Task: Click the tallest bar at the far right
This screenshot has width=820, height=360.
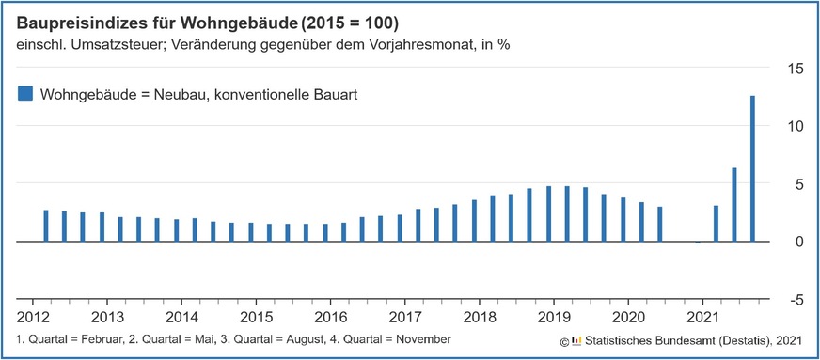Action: coord(752,169)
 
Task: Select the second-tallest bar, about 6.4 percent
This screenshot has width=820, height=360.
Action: coord(733,205)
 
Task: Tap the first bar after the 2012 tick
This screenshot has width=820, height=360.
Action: coord(46,226)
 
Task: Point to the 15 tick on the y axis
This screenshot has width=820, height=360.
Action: coord(795,69)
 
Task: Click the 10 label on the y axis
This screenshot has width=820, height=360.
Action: coord(795,126)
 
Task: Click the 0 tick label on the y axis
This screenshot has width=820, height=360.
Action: coord(798,242)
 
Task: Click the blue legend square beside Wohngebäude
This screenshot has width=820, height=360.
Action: coord(25,93)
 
